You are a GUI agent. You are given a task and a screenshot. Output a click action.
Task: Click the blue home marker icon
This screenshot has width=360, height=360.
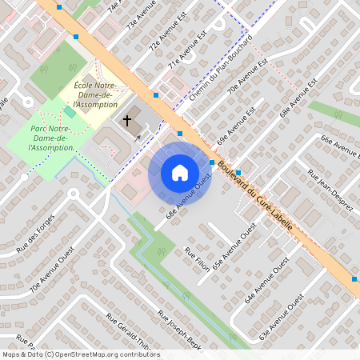[180, 172]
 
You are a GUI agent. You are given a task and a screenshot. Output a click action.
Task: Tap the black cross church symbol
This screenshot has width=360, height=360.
[126, 121]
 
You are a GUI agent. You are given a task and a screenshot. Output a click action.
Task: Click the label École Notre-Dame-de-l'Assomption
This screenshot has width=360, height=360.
[94, 94]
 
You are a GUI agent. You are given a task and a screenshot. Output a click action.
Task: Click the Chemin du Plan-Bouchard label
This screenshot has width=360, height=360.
[222, 67]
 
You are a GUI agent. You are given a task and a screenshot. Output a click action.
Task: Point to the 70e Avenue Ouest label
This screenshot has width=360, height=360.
[46, 277]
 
